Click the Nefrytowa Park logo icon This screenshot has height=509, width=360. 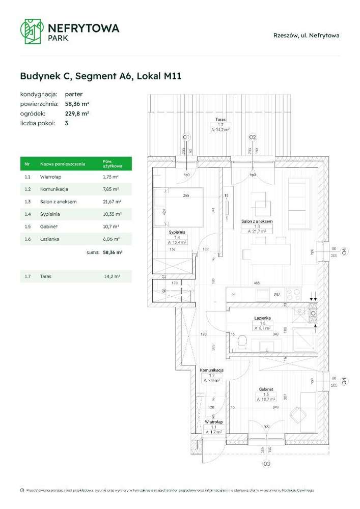(x=30, y=31)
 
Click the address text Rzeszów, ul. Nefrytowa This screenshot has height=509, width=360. (x=306, y=36)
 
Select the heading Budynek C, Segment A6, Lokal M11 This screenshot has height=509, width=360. (x=101, y=76)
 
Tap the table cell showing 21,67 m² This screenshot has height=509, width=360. (x=111, y=202)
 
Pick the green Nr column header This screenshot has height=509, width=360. (x=27, y=164)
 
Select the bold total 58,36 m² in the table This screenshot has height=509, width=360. (x=112, y=251)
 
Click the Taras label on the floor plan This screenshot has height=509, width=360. (x=220, y=120)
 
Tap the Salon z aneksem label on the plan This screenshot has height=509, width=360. (x=257, y=222)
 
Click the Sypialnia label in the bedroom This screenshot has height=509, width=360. (x=177, y=232)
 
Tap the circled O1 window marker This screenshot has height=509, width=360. (x=186, y=137)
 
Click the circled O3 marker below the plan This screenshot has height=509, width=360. (x=266, y=464)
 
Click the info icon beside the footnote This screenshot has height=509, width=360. (x=22, y=490)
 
